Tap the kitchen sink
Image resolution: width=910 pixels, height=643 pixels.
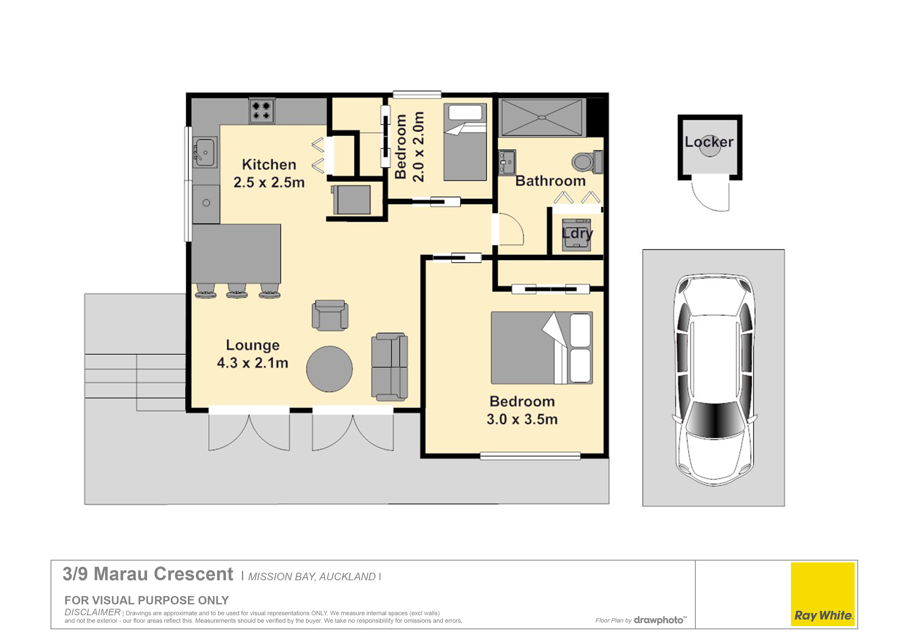pyautogui.click(x=205, y=152)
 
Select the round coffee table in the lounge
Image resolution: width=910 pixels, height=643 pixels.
pyautogui.click(x=329, y=369)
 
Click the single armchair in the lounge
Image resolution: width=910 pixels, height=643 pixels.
pyautogui.click(x=330, y=315)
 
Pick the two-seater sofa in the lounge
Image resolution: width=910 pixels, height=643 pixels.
pyautogui.click(x=390, y=366)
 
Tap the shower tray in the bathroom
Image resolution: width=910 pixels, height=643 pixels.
pyautogui.click(x=542, y=118)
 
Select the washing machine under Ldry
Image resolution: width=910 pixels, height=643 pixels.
pyautogui.click(x=577, y=235)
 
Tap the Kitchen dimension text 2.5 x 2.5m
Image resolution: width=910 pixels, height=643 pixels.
pyautogui.click(x=269, y=182)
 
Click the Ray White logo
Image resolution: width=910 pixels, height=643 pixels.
pyautogui.click(x=823, y=594)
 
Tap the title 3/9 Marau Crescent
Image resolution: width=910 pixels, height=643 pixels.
pyautogui.click(x=148, y=574)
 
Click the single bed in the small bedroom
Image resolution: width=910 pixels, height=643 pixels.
pyautogui.click(x=465, y=142)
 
